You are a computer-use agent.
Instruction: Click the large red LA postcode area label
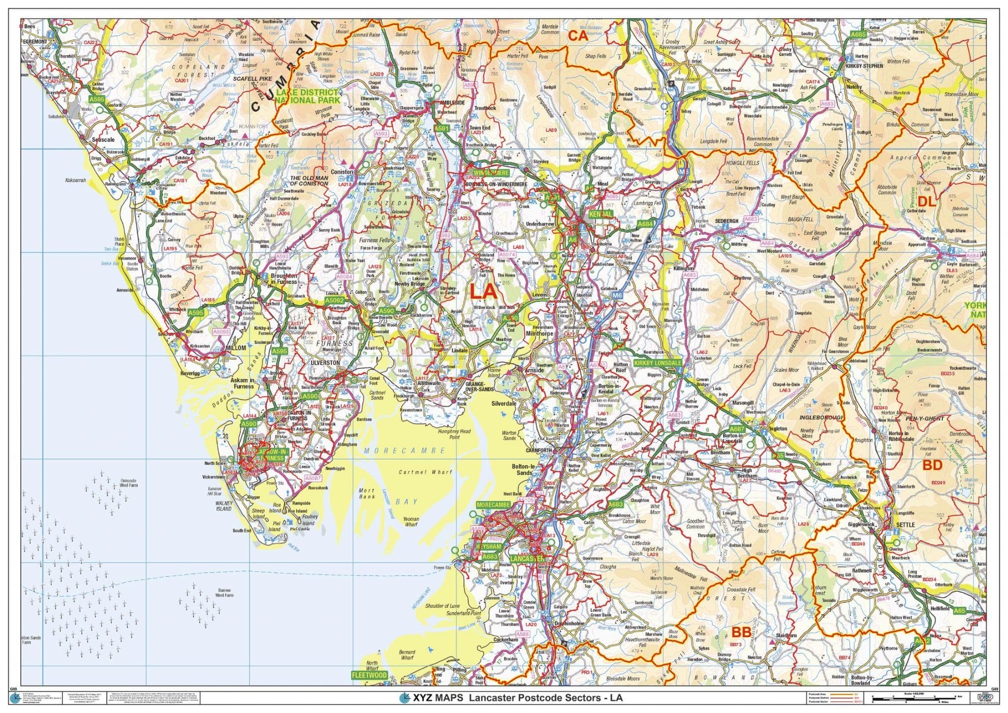(483, 292)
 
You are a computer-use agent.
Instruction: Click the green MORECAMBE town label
(494, 505)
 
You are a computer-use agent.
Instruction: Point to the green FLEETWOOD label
(369, 675)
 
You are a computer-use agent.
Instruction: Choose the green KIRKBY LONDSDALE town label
(658, 363)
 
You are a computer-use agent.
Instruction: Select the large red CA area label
(578, 35)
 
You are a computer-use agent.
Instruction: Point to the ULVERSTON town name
(325, 363)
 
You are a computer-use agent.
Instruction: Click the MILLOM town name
(235, 348)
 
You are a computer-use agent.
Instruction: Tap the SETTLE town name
(905, 525)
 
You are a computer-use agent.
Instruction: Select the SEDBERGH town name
(726, 222)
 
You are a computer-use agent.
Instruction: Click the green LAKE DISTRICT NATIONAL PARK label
(308, 97)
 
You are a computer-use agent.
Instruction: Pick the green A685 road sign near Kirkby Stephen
(858, 34)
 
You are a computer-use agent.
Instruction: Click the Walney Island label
(223, 506)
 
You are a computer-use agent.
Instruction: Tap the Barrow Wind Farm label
(224, 593)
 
